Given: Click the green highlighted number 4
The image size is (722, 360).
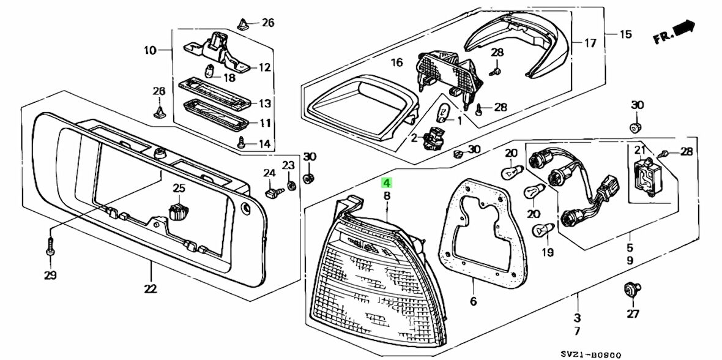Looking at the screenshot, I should point(386,182).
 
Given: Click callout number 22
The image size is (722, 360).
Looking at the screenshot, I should point(151,288).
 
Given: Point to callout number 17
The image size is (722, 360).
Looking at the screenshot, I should point(589,43).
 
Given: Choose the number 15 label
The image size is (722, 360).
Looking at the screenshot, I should point(625,34).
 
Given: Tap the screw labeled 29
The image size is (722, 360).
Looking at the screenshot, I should point(50,249).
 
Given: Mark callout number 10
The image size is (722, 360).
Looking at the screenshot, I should point(151,50).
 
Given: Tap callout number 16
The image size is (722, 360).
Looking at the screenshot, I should point(396,62).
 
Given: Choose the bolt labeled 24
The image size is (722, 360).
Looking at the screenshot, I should point(271,193).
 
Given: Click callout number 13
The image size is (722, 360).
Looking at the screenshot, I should point(264,103).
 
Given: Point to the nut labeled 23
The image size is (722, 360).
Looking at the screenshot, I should point(291,184).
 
